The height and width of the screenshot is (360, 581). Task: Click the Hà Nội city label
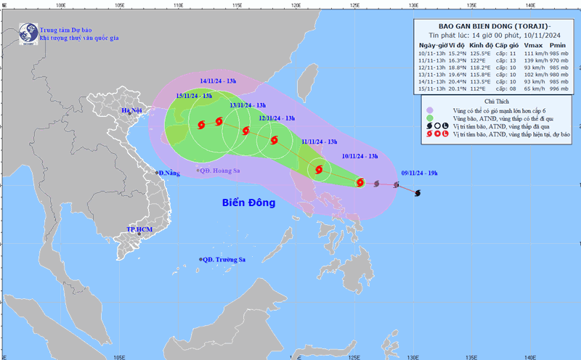coord(132,111)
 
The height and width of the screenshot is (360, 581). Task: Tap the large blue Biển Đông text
coord(248,202)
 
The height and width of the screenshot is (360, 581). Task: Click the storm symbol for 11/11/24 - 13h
coord(318,171)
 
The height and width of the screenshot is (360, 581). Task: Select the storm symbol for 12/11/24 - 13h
coord(274,141)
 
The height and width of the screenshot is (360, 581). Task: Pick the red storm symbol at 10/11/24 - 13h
coord(359,182)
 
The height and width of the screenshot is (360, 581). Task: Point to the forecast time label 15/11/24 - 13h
coord(194,96)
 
